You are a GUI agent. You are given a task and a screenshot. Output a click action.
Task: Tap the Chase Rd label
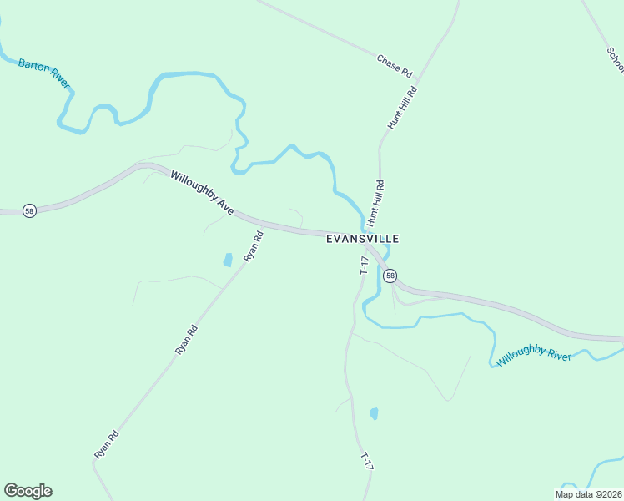(395, 66)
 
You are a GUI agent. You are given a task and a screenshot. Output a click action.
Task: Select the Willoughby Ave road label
(202, 194)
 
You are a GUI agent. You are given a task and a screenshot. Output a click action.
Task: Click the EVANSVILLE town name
(362, 239)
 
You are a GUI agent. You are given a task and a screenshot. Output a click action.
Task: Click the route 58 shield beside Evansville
(390, 276)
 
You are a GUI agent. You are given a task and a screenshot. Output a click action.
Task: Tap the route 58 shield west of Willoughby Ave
(29, 211)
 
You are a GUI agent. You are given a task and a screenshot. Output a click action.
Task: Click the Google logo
(28, 491)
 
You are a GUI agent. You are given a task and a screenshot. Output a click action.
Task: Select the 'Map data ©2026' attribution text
(587, 494)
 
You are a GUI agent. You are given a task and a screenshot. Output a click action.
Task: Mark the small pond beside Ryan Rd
(228, 261)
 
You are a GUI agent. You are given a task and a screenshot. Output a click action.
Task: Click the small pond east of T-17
(374, 413)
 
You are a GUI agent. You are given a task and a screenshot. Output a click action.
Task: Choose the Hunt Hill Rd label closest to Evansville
(375, 204)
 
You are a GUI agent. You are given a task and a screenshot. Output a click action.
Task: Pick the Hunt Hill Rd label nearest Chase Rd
(401, 106)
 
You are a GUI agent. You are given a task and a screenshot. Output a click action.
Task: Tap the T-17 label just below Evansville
(364, 266)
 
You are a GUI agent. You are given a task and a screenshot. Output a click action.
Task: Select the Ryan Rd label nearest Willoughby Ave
(254, 247)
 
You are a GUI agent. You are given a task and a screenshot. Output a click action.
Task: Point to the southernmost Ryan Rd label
(106, 443)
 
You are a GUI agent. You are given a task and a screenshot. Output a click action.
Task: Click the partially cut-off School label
(614, 58)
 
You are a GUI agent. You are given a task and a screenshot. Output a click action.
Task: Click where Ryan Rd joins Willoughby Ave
(269, 225)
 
